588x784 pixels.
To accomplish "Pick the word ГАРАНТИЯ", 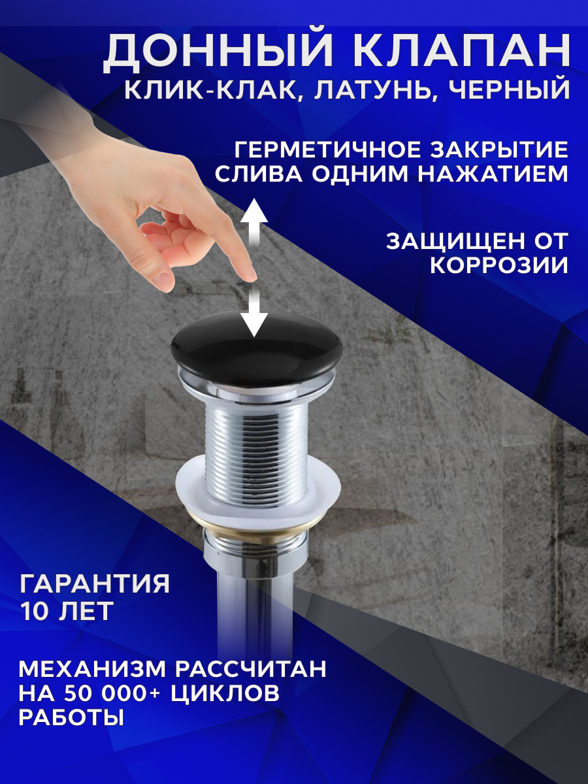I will click(95, 583).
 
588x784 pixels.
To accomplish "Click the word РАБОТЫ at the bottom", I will click(71, 717).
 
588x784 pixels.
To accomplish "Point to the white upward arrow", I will click(253, 222).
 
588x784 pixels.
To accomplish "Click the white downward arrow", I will click(253, 314).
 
